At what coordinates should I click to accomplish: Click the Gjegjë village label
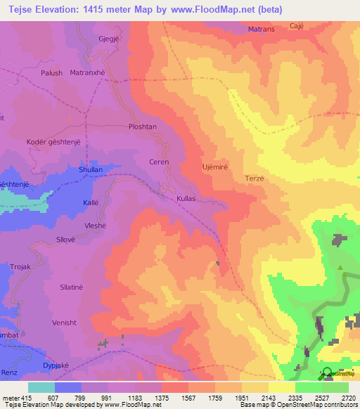pyautogui.click(x=110, y=38)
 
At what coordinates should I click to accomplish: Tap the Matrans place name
pyautogui.click(x=262, y=30)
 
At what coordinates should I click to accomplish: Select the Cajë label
pyautogui.click(x=296, y=25)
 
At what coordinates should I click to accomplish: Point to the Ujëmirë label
pyautogui.click(x=215, y=167)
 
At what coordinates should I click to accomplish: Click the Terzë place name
pyautogui.click(x=254, y=178)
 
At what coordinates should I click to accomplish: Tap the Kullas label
pyautogui.click(x=186, y=199)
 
